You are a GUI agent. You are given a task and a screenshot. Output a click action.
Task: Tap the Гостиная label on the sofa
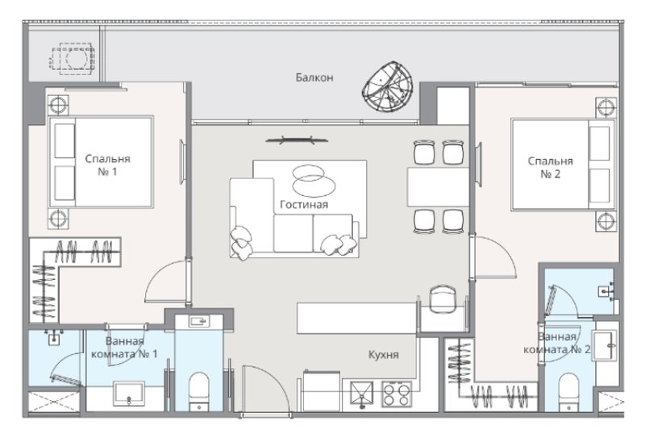pos(304,205)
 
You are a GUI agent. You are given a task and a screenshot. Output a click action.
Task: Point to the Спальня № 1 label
pos(107,166)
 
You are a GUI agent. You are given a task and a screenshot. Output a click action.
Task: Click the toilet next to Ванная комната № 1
pos(198,390)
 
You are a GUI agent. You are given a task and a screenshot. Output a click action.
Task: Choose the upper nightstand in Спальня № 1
pos(59,104)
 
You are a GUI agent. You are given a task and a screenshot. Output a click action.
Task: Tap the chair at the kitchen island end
pos(442,298)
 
